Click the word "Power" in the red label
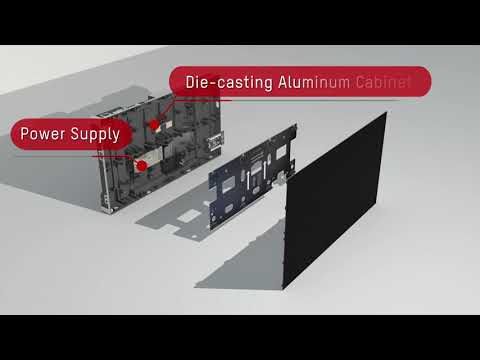(43, 134)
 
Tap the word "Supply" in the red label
(95, 135)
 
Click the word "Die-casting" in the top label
(229, 82)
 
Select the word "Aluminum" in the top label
(314, 82)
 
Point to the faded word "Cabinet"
(383, 82)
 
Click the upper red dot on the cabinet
(154, 125)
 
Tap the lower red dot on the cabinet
(142, 166)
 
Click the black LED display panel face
(334, 200)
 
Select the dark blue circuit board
(252, 177)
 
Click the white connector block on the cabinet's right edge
(215, 141)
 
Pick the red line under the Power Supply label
(73, 156)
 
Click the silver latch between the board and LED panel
(281, 179)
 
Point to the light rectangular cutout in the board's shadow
(189, 216)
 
